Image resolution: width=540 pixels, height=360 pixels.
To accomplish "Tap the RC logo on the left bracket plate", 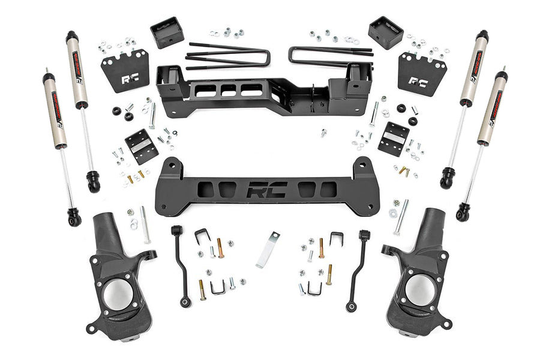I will point(128,79).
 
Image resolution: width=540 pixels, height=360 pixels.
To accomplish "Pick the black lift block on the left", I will point(167,32).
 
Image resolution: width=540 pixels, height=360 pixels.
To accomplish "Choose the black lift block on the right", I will point(386,32).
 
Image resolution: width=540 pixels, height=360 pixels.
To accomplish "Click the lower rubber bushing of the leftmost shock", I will point(74,217).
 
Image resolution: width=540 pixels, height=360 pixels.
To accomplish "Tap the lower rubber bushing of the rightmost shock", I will point(463,212).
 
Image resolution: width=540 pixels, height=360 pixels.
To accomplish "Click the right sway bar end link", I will point(358,270).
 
